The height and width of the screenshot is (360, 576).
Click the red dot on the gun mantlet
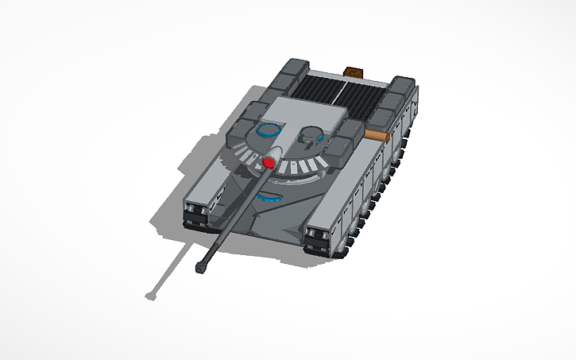coord(269,163)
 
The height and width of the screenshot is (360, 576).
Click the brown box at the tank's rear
coord(352,73)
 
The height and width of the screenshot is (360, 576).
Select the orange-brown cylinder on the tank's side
coord(377,135)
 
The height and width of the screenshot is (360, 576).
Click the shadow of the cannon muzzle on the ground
coord(150,296)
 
